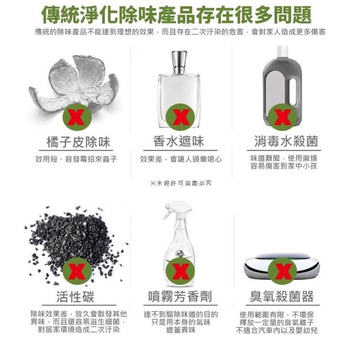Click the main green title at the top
pyautogui.click(x=176, y=15)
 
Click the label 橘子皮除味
pyautogui.click(x=78, y=142)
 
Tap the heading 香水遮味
pyautogui.click(x=179, y=141)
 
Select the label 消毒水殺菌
pyautogui.click(x=286, y=141)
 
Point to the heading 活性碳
pyautogui.click(x=75, y=297)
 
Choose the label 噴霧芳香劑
pyautogui.click(x=180, y=296)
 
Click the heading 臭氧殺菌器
pyautogui.click(x=281, y=296)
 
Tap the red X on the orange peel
pyautogui.click(x=77, y=117)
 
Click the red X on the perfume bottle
pyautogui.click(x=180, y=117)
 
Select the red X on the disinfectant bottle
pyautogui.click(x=283, y=117)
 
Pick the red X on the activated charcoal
pyautogui.click(x=77, y=271)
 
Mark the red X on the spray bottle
pyautogui.click(x=180, y=271)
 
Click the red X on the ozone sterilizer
pyautogui.click(x=283, y=271)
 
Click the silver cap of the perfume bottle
pyautogui.click(x=180, y=62)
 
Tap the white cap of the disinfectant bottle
pyautogui.click(x=282, y=52)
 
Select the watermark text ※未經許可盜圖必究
pyautogui.click(x=180, y=183)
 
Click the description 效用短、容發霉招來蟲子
pyautogui.click(x=76, y=159)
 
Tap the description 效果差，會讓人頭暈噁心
pyautogui.click(x=181, y=159)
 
